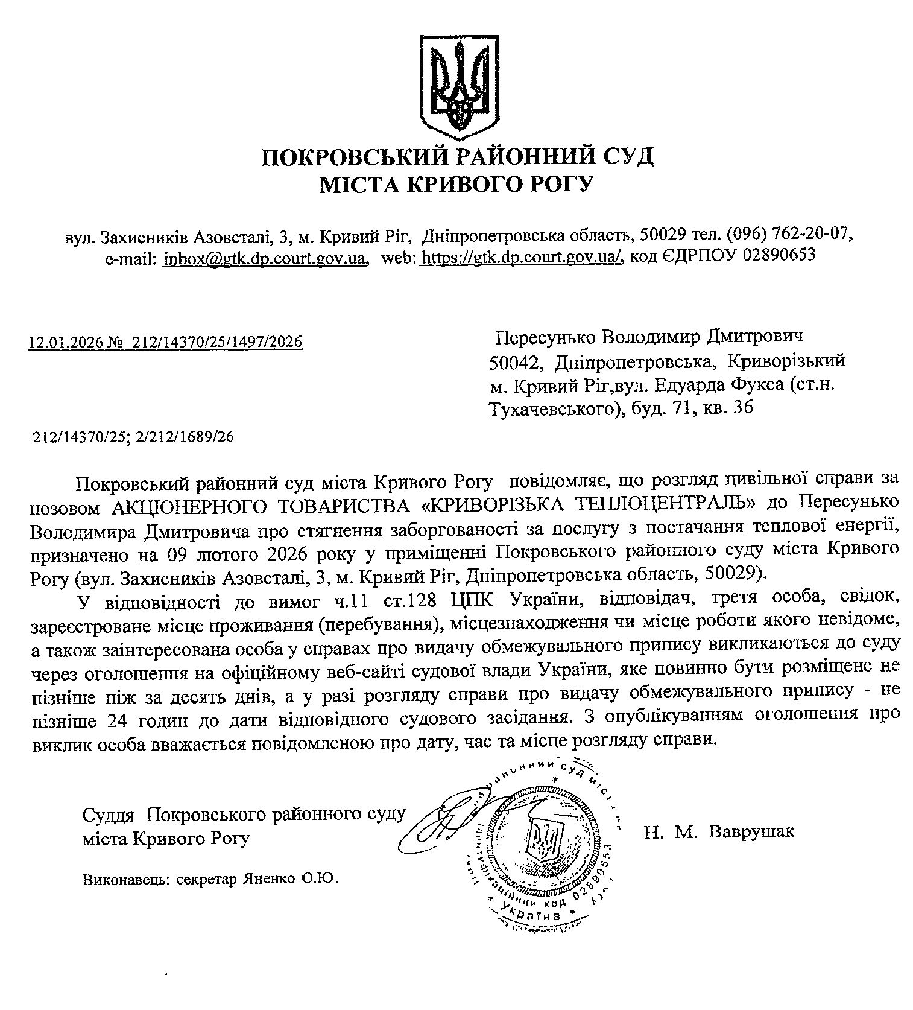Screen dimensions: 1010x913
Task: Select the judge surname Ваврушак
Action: click(x=752, y=831)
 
